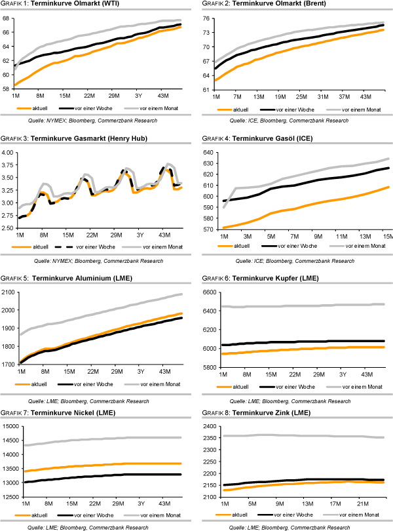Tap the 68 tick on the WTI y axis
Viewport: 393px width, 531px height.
[x=7, y=18]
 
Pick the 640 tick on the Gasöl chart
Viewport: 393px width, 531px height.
[x=208, y=152]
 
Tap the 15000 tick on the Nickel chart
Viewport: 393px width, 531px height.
[x=10, y=426]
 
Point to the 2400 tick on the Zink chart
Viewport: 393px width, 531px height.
[x=208, y=426]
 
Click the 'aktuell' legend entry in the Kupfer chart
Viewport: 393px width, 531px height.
[x=244, y=387]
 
